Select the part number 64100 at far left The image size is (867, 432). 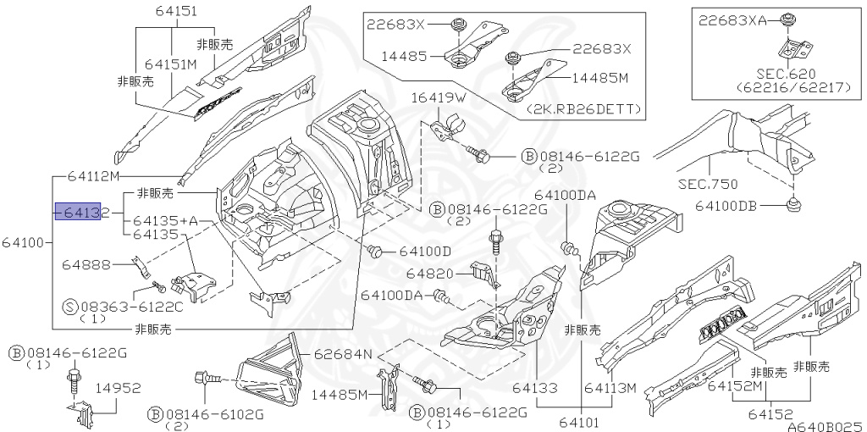[x=23, y=243]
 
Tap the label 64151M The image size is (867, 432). [x=170, y=64]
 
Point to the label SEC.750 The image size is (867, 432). [x=709, y=184]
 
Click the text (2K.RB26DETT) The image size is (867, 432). [x=583, y=110]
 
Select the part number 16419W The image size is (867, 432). [x=439, y=98]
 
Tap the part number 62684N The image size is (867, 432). [x=344, y=353]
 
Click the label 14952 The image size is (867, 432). [x=117, y=387]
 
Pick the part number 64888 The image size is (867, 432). [x=86, y=265]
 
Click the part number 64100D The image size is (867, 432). [x=425, y=251]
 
